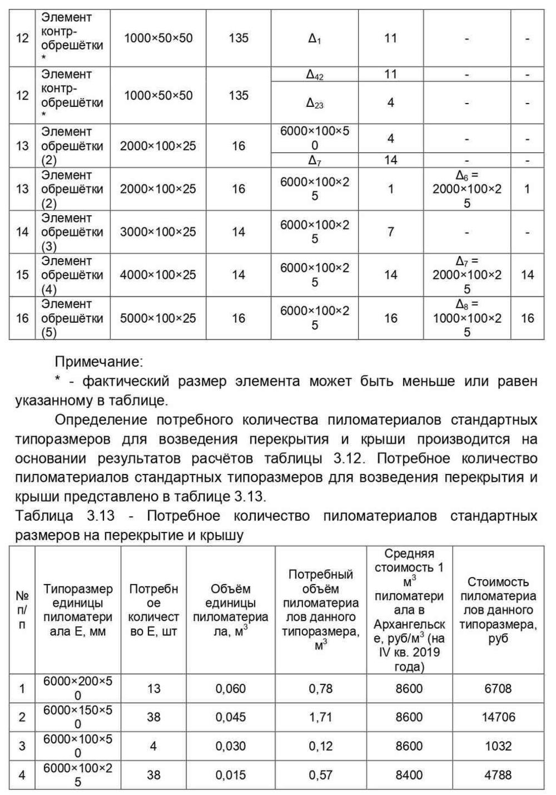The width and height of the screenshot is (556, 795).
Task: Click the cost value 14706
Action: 498,717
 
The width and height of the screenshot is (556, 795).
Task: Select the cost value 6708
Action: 498,689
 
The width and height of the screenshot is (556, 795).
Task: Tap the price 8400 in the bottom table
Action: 409,774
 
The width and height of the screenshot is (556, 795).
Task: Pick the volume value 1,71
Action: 321,717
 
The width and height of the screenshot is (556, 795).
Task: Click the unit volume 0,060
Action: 231,689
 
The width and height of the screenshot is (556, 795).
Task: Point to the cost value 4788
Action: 498,774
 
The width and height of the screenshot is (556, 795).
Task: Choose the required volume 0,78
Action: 321,689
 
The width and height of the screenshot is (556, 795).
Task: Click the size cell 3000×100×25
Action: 158,232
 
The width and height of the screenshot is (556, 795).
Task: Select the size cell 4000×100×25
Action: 158,275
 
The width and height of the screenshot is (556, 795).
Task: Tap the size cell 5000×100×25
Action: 158,318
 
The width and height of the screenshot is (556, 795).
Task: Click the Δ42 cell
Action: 315,75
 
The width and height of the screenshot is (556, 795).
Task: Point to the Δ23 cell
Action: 315,103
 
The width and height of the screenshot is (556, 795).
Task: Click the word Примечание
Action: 98,362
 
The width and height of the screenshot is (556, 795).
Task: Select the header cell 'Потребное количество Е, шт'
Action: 153,610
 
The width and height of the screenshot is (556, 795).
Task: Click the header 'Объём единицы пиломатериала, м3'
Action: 231,610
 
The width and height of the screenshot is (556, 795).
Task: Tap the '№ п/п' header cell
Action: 22,610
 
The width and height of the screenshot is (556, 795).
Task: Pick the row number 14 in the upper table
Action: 22,232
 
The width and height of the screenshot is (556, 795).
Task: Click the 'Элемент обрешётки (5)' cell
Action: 72,318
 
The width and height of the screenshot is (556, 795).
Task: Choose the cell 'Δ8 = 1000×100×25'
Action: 467,318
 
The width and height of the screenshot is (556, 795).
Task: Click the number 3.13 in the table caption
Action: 101,516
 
